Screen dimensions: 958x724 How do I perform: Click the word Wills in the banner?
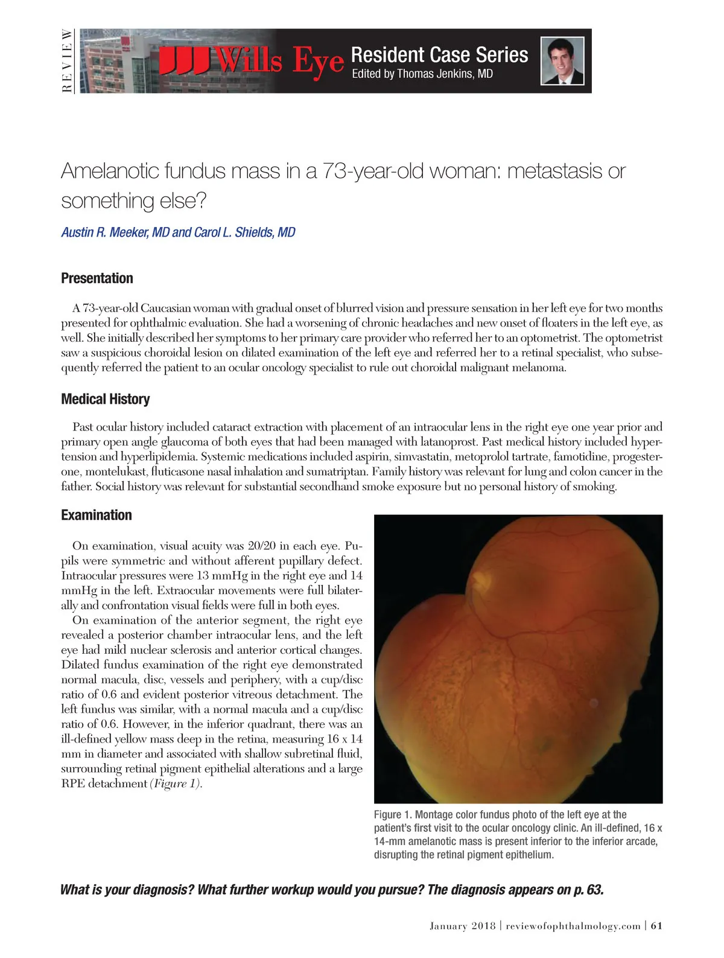point(249,60)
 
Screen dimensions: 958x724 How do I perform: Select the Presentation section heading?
point(97,278)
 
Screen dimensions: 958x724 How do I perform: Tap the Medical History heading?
point(106,399)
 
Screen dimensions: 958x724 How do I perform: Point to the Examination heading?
point(97,515)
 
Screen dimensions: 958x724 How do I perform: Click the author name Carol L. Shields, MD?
point(244,232)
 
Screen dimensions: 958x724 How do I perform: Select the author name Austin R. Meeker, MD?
point(115,232)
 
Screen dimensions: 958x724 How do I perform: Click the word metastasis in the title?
point(556,171)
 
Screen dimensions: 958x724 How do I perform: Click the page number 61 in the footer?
point(657,925)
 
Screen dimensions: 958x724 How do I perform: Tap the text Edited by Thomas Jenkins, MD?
point(422,74)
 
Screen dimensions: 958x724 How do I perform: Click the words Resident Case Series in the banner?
point(439,54)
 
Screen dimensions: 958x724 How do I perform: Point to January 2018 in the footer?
point(462,926)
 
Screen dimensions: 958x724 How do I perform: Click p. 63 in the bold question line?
point(588,890)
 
